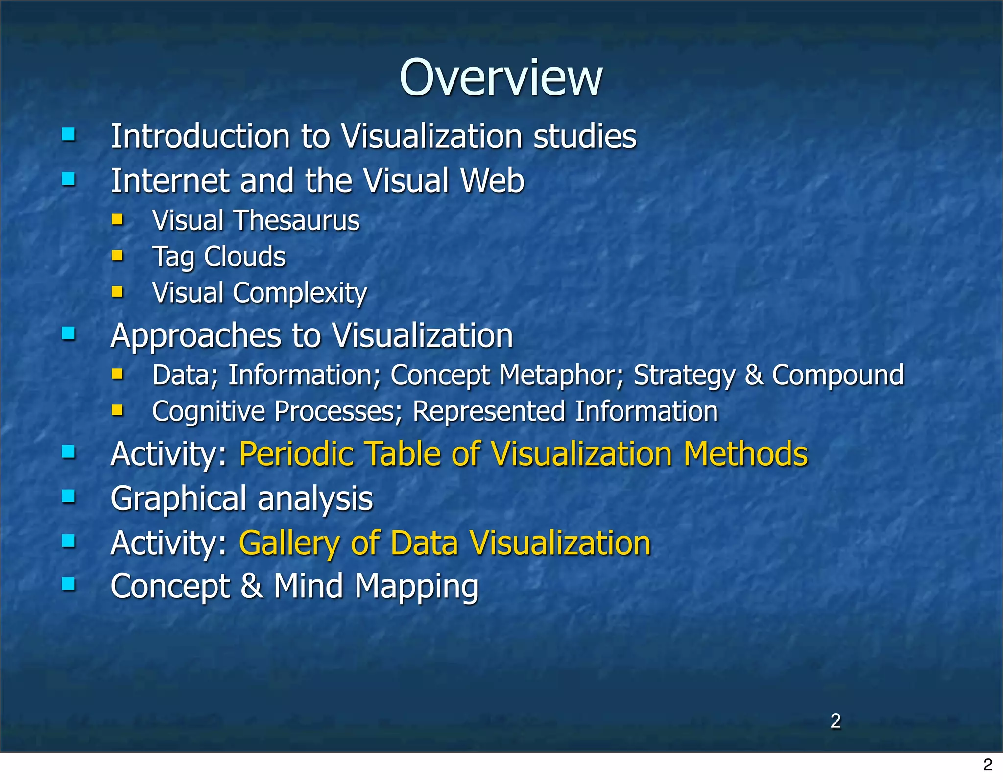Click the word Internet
(x=169, y=181)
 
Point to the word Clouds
(x=244, y=257)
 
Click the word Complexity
(x=300, y=293)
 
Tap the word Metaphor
(x=561, y=375)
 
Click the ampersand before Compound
(x=753, y=375)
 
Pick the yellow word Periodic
(x=296, y=454)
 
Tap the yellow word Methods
(x=745, y=454)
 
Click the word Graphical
(x=178, y=499)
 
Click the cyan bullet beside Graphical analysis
(x=69, y=496)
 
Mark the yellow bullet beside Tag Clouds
(x=117, y=255)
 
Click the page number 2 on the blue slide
(x=836, y=721)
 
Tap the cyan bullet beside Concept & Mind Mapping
(x=69, y=584)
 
